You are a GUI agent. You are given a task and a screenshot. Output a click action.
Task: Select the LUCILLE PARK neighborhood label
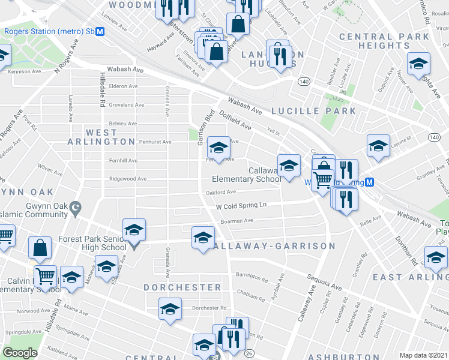[x=313, y=111]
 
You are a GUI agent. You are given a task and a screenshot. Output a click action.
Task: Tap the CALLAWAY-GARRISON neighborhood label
[x=273, y=247]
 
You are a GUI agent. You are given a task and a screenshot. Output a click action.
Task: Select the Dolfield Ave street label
[x=235, y=119]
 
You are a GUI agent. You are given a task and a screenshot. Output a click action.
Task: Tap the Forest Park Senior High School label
[x=92, y=243]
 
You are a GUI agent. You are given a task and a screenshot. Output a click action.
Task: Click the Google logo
[x=20, y=353]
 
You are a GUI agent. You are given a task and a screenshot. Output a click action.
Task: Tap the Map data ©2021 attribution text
[x=423, y=355]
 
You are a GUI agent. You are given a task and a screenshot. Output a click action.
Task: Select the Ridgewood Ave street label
[x=127, y=179]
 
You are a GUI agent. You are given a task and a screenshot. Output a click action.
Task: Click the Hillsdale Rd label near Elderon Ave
[x=103, y=91]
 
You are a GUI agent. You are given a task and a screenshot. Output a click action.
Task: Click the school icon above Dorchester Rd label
[x=170, y=309]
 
